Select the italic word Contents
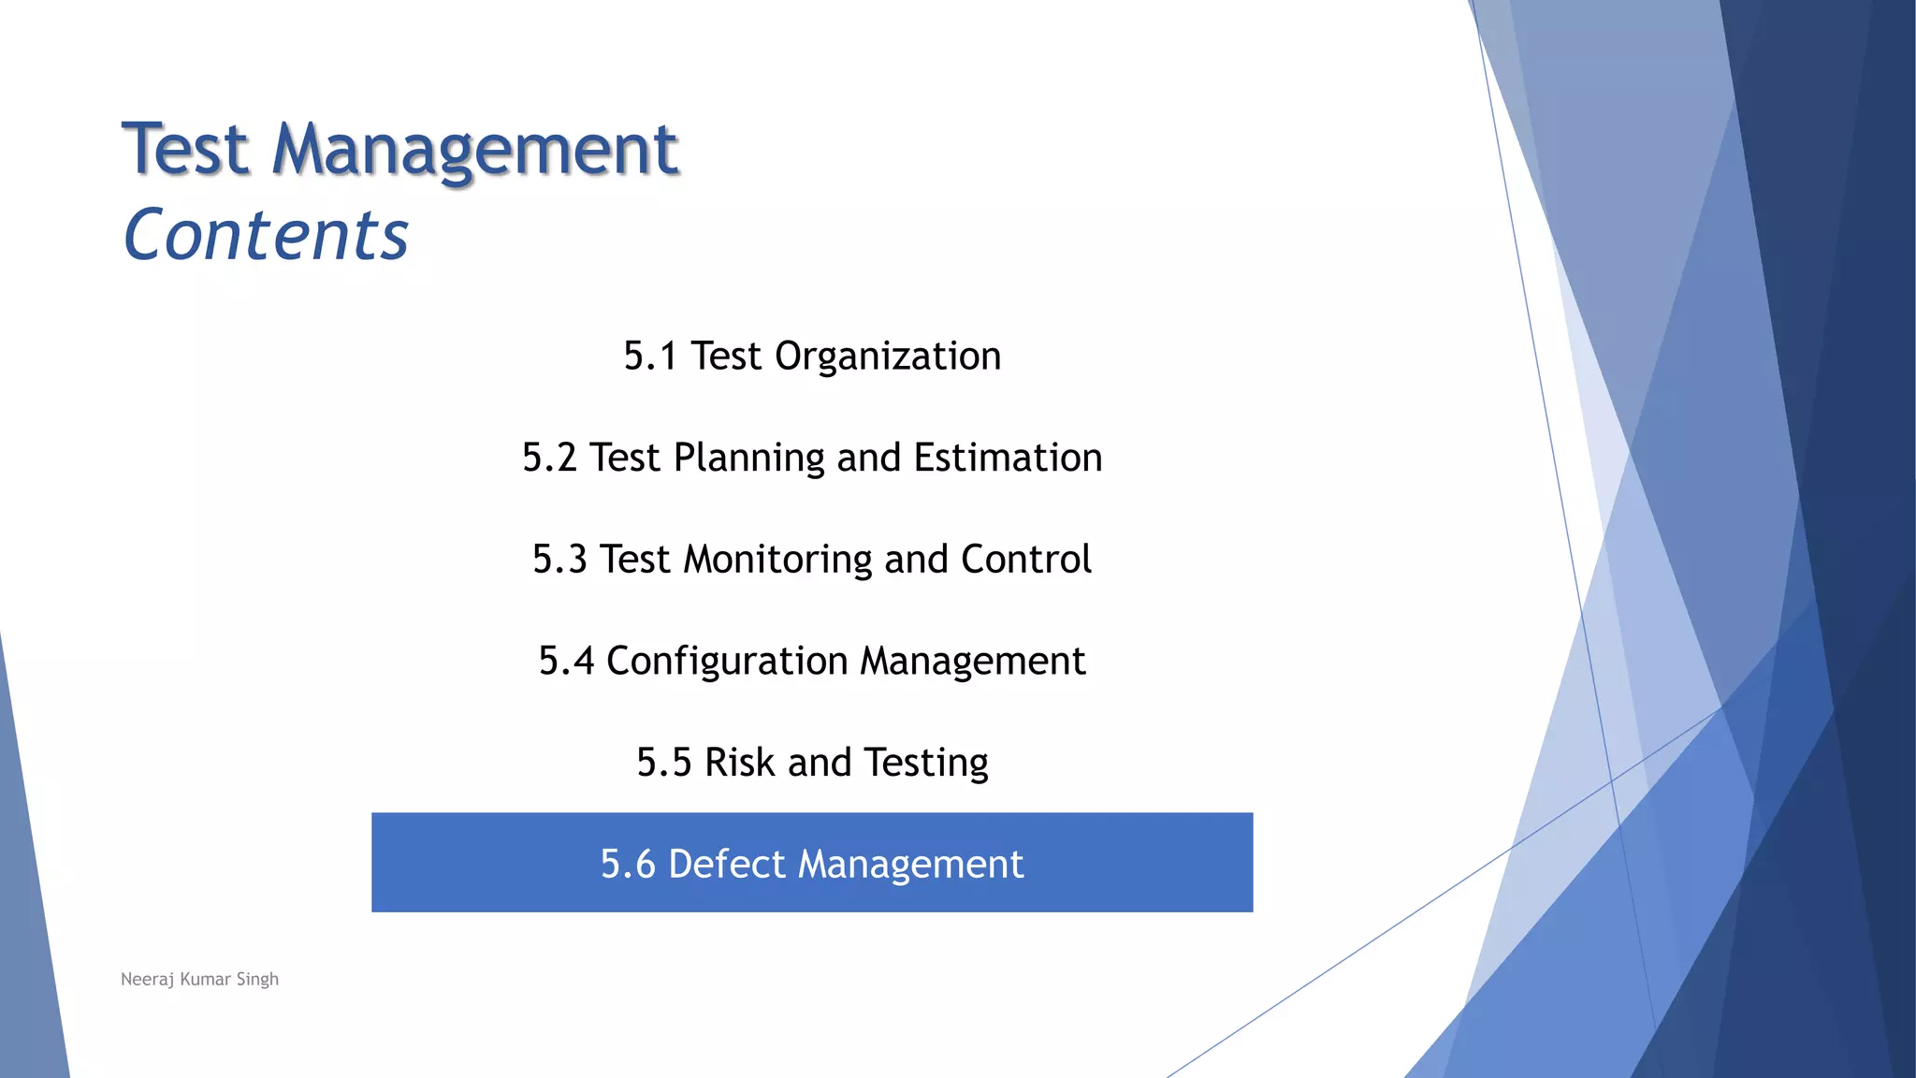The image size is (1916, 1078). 267,234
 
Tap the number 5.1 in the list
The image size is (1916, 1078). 650,357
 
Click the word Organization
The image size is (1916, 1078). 888,357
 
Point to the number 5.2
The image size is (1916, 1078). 549,458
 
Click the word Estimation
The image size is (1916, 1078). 1008,458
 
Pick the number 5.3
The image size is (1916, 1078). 559,560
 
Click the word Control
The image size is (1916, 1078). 1025,560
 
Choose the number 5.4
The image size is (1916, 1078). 566,661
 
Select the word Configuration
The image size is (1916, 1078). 727,661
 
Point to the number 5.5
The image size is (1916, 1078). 664,763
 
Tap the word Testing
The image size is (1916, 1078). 925,763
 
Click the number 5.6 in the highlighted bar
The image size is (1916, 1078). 628,864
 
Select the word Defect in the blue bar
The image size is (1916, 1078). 727,864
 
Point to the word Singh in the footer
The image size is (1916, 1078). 257,980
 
